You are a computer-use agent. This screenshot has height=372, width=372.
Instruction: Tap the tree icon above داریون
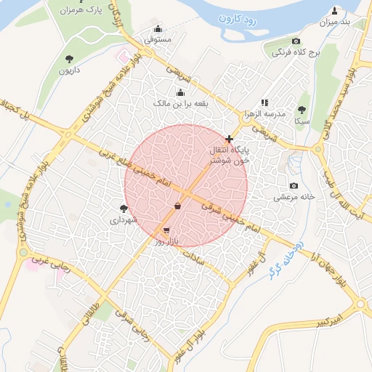pos(69,59)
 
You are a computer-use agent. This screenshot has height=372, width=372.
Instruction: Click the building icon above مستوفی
pos(158,29)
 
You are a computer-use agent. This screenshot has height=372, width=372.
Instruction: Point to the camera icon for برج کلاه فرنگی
pos(296,41)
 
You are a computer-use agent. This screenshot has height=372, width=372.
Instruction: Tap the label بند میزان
pos(335,23)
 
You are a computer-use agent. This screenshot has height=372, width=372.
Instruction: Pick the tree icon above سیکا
pos(302,110)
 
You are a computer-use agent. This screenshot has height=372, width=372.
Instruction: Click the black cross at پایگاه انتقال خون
pos(230,139)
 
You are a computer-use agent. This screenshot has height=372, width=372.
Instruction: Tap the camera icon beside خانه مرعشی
pos(294,186)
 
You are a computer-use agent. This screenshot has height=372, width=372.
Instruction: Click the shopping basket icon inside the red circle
pos(178,205)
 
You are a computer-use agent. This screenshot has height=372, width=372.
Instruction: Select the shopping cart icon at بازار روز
pos(167,230)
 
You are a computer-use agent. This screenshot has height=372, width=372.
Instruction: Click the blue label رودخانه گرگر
pos(283,259)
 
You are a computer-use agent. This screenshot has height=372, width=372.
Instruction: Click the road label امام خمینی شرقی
pos(229,215)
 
